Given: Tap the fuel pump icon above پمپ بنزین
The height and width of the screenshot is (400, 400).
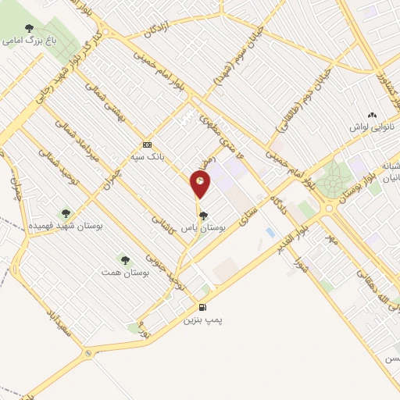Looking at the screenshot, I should point(203,308).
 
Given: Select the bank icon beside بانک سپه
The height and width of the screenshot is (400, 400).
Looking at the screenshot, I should point(148,145).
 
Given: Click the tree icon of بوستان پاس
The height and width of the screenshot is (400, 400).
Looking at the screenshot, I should point(203,216).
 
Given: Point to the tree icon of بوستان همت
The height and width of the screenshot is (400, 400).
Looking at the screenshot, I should point(123,259).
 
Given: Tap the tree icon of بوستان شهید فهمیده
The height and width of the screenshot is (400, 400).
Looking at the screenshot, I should point(65,212).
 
